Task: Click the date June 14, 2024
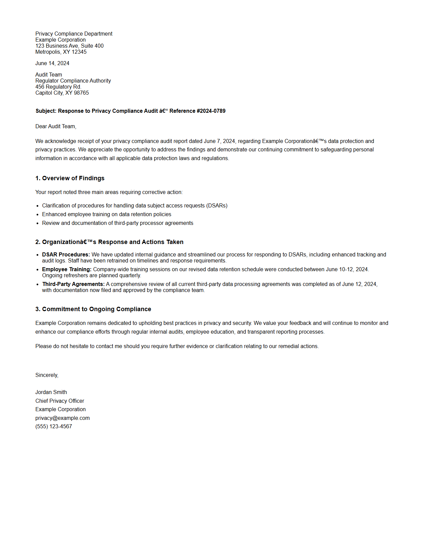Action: point(52,63)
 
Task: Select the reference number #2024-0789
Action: point(211,111)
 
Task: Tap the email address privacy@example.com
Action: point(62,418)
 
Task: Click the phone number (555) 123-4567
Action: point(54,427)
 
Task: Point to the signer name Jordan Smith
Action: point(51,392)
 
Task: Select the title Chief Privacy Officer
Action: point(60,401)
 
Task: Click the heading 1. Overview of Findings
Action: point(70,178)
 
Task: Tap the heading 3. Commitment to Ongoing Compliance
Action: point(93,309)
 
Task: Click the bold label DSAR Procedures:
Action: point(66,255)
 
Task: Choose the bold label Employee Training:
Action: point(67,270)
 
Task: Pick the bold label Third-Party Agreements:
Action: point(73,284)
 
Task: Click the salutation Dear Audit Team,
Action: point(56,127)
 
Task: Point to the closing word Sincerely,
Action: point(47,375)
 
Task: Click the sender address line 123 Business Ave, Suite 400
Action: point(69,46)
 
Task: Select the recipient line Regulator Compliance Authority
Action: point(73,81)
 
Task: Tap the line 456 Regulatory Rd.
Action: point(58,87)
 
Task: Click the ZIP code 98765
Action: point(81,93)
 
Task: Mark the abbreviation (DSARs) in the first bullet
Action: point(217,206)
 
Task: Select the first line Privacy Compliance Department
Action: point(74,34)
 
